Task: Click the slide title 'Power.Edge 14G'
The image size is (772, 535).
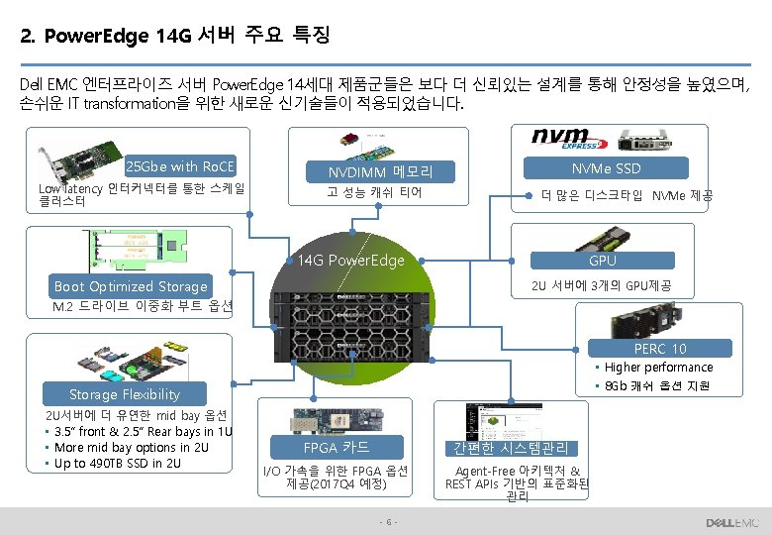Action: tap(174, 37)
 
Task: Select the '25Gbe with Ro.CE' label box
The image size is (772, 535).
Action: tap(186, 166)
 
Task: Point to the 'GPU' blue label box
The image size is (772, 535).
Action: tap(602, 261)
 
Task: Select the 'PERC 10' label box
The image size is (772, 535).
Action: tap(660, 349)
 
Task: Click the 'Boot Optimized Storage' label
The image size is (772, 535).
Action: tap(131, 286)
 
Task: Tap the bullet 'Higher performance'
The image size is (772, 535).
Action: tap(658, 368)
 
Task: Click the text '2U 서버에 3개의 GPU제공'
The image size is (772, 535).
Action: tap(601, 286)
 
